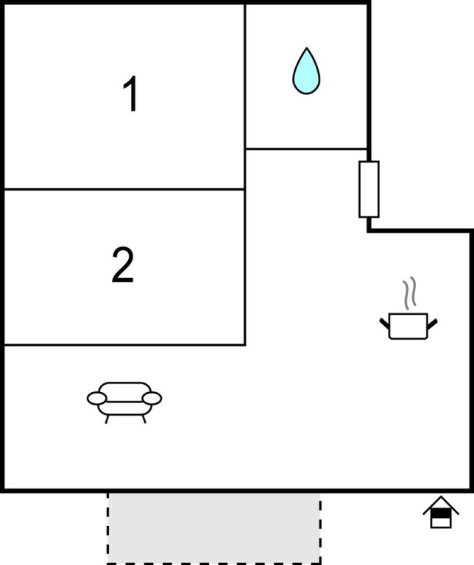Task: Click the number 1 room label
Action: click(x=130, y=93)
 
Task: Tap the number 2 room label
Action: click(x=123, y=265)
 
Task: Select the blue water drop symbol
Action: click(x=306, y=71)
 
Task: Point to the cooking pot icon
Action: click(x=408, y=326)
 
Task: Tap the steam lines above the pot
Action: click(x=410, y=294)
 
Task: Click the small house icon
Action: click(x=441, y=512)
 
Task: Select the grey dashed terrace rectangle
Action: click(x=213, y=528)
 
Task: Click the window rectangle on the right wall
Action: click(x=369, y=190)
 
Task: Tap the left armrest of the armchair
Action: click(x=96, y=399)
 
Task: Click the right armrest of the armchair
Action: click(x=152, y=398)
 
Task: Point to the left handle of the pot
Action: click(x=385, y=323)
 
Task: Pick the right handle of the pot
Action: click(x=432, y=324)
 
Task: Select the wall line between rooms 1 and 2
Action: click(x=124, y=189)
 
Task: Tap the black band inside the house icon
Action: click(x=441, y=514)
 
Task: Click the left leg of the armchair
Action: click(x=107, y=419)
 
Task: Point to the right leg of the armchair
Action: click(x=144, y=419)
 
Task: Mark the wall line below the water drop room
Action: click(x=306, y=149)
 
